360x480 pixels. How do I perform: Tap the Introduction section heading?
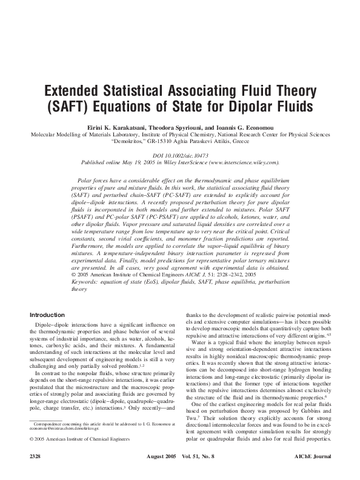pos(47,315)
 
